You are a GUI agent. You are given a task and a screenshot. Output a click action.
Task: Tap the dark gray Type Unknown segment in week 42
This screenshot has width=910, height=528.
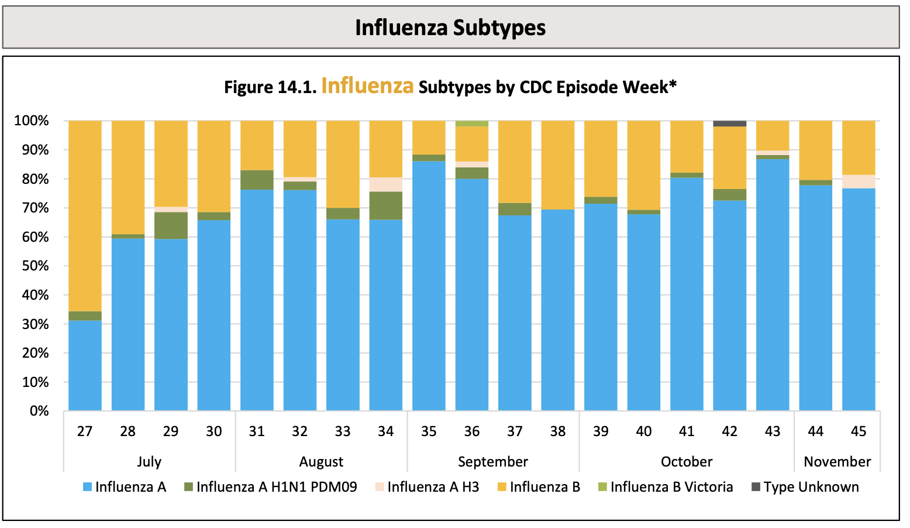point(729,124)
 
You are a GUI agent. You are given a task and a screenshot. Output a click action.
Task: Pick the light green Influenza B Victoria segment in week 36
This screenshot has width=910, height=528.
point(471,124)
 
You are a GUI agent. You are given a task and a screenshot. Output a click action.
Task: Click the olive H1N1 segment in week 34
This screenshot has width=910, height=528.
point(385,205)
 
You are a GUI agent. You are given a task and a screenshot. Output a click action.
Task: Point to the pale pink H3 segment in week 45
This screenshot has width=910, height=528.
point(859,181)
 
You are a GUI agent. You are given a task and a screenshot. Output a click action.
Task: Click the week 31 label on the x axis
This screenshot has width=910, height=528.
point(257,431)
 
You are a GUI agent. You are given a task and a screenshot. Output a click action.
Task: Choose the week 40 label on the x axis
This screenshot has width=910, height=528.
point(643,431)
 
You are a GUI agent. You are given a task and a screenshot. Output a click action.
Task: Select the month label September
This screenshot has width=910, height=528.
point(492,462)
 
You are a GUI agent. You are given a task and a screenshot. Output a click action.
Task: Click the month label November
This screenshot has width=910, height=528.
point(837,462)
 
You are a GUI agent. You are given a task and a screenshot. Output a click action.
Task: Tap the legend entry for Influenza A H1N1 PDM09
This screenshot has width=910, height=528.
point(276,487)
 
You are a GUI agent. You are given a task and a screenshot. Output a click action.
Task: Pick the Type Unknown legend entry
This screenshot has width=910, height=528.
point(811,487)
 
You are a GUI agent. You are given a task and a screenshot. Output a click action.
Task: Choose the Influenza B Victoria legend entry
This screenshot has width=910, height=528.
point(671,487)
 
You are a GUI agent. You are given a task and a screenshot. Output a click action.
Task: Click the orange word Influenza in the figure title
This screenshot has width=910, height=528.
point(367,86)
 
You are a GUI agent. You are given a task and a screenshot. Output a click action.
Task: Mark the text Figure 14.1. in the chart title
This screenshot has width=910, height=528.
point(270,87)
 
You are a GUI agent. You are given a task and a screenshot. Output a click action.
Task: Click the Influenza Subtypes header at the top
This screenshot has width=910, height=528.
point(450,28)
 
